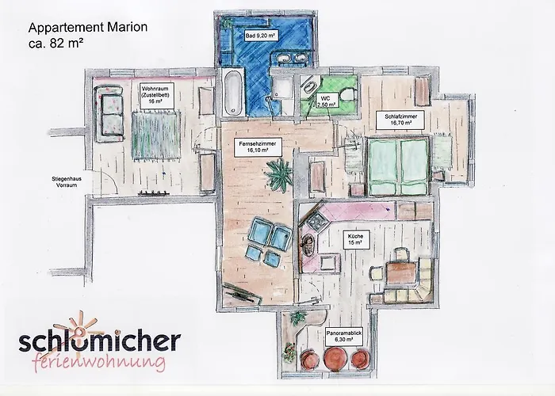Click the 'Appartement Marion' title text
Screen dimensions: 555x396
coord(88,27)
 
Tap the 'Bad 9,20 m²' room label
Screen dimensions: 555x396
coord(261,36)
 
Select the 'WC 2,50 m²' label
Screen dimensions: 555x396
coord(326,101)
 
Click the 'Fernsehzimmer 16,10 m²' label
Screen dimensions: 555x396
coord(258,147)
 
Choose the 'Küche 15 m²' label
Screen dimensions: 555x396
coord(355,239)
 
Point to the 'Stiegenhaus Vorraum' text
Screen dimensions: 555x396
coord(67,182)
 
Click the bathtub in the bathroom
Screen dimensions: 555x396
coord(234,93)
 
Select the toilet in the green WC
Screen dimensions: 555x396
coord(347,95)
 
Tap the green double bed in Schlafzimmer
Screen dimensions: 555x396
coord(398,166)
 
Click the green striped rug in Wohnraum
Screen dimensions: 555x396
coord(155,135)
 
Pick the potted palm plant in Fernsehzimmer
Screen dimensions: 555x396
coord(280,174)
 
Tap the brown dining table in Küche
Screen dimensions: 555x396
coord(401,272)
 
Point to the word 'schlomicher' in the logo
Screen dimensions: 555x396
coord(99,341)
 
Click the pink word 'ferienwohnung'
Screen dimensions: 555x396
coord(98,362)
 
